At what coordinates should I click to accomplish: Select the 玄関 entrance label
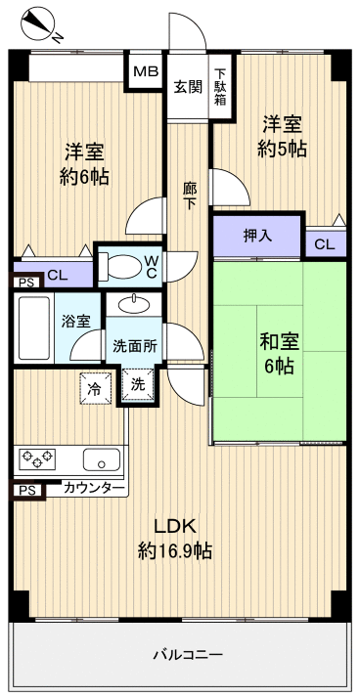(188, 86)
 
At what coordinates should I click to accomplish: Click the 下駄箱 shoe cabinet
(221, 86)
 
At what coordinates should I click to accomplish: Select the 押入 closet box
(257, 235)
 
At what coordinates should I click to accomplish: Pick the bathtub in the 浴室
(35, 327)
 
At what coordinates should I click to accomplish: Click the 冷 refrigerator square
(95, 387)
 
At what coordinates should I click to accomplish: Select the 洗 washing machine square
(138, 384)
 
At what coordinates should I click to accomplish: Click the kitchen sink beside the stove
(100, 458)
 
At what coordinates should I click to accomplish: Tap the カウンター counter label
(94, 488)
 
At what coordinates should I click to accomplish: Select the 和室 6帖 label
(279, 354)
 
